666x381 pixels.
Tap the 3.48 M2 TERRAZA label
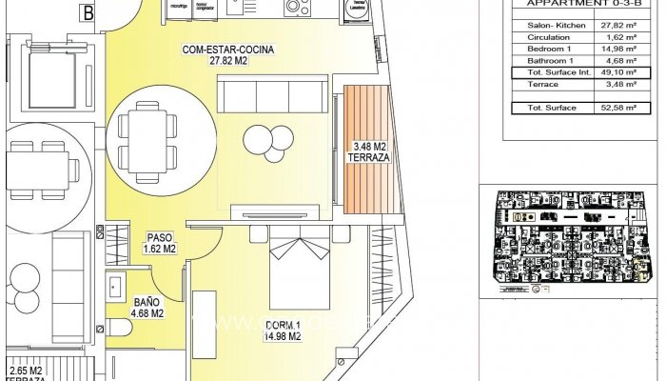tap(370, 152)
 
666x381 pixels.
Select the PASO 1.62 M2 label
tap(159, 243)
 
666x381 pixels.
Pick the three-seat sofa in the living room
tap(264, 94)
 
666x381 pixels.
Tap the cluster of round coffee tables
tap(275, 142)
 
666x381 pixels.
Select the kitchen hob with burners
tap(294, 8)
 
